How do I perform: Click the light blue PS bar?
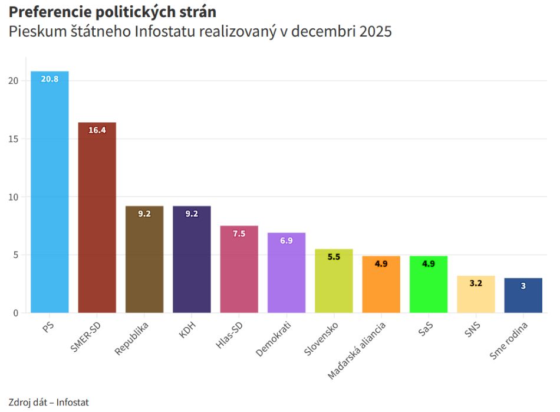(x=50, y=192)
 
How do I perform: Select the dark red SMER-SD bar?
(x=97, y=217)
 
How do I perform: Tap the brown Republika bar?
(x=144, y=259)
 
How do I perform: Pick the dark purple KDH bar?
(x=192, y=259)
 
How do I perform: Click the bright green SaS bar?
(x=429, y=285)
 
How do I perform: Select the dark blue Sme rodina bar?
(x=523, y=295)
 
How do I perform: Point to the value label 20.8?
(x=50, y=79)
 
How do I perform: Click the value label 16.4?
(x=97, y=130)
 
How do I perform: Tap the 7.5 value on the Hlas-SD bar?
(x=239, y=234)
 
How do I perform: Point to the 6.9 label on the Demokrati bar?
(x=286, y=241)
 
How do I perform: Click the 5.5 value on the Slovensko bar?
(x=334, y=257)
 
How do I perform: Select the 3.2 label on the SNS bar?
(x=476, y=283)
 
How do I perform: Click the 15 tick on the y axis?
(x=13, y=139)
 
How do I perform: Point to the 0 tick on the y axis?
(x=16, y=313)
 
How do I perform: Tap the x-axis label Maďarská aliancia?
(x=357, y=350)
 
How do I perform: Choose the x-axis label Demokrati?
(x=274, y=339)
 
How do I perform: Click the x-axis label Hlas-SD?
(x=229, y=335)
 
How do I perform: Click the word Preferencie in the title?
(x=50, y=12)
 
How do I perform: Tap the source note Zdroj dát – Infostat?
(x=48, y=403)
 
